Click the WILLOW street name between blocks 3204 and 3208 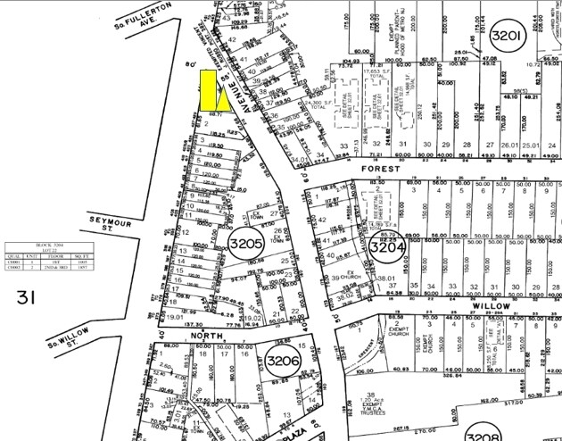tap(494, 304)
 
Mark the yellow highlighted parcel tap(212, 90)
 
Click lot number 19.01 tap(176, 315)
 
